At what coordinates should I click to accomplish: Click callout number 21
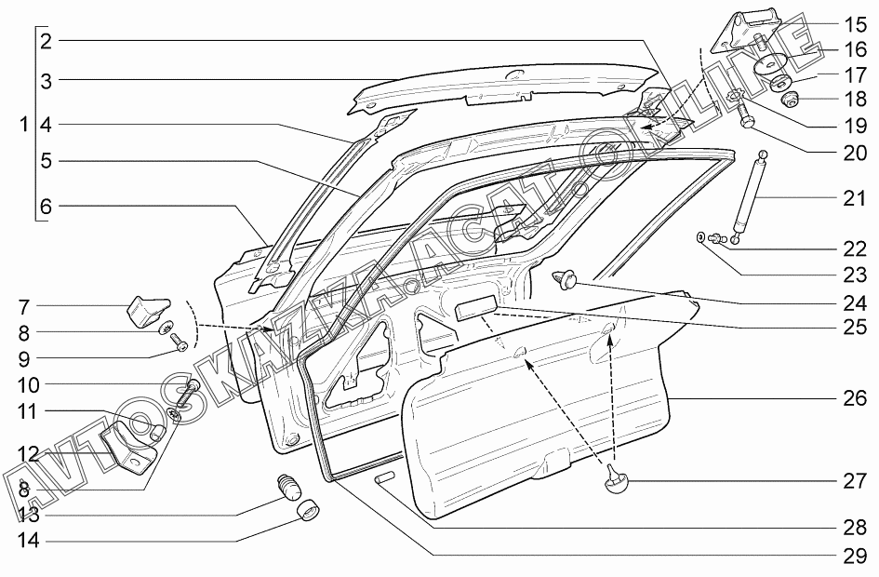pos(855,198)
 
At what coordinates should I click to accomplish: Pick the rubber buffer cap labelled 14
pos(308,510)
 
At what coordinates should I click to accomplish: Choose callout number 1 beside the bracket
pos(23,124)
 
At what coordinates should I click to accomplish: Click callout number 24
pos(855,302)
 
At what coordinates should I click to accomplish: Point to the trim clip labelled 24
pos(565,276)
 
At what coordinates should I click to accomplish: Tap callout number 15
pos(855,24)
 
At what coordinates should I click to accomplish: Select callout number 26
pos(855,398)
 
